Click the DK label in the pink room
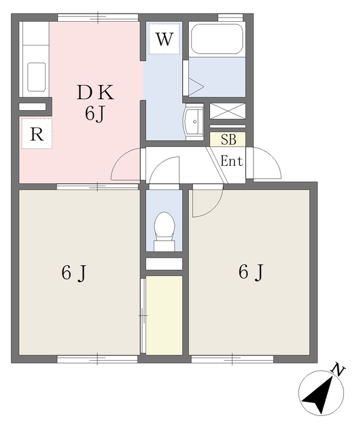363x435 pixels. (x=95, y=92)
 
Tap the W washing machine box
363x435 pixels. (x=165, y=39)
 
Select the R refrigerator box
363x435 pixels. (x=37, y=134)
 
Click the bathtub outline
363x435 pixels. (x=217, y=39)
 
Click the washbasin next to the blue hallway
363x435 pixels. (x=194, y=122)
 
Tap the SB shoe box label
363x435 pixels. (x=228, y=139)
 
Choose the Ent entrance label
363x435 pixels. (x=232, y=161)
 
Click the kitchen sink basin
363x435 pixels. (x=36, y=77)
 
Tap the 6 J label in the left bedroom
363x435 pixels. (x=74, y=273)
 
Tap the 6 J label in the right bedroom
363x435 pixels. (x=251, y=272)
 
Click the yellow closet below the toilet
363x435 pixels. (x=164, y=315)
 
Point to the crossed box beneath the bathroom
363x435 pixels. (x=228, y=111)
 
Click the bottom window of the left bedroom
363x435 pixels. (x=97, y=360)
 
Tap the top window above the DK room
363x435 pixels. (x=98, y=18)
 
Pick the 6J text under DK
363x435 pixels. (x=95, y=114)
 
